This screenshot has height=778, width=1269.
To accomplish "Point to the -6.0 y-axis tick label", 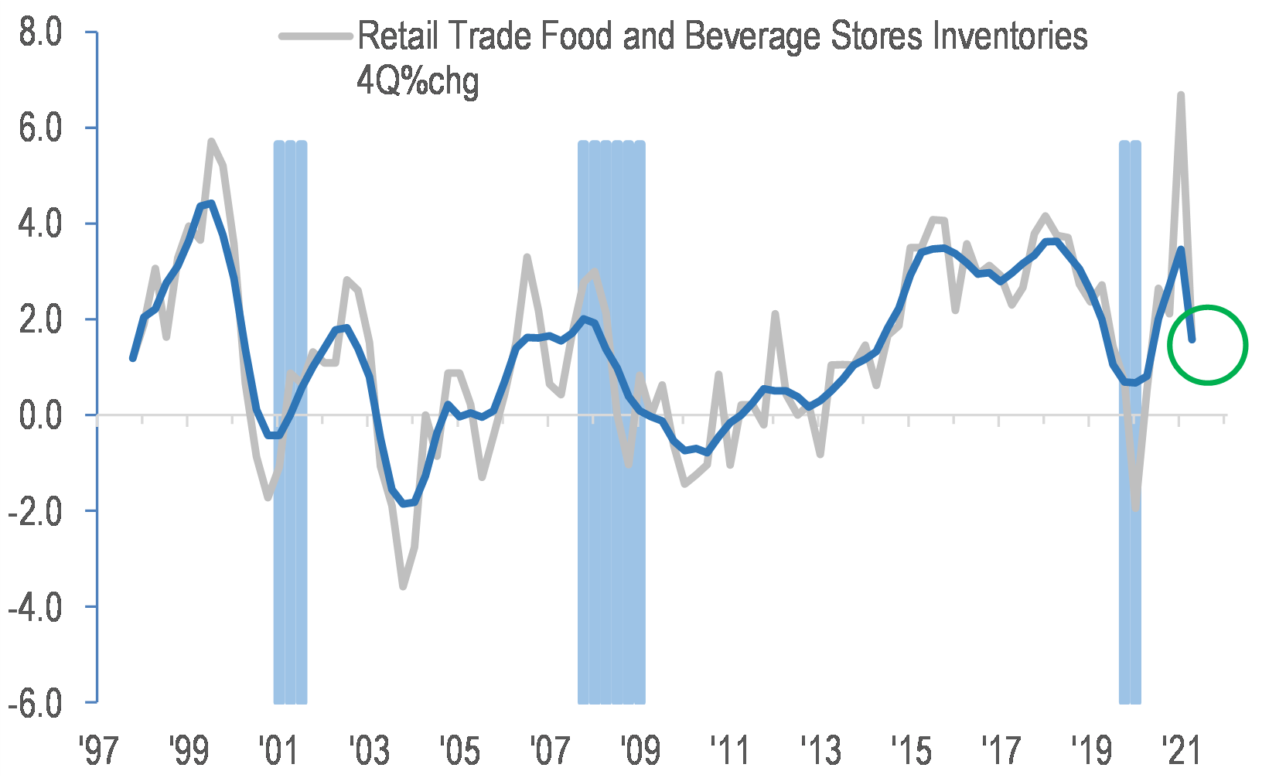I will tap(36, 703).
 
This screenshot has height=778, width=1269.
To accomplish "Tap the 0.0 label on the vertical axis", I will tap(40, 416).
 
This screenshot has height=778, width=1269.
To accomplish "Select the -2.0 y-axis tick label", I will tap(36, 512).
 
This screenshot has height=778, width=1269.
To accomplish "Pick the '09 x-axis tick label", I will tap(640, 751).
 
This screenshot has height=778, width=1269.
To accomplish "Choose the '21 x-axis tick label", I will tap(1181, 751).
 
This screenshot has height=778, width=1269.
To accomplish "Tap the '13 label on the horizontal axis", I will tap(820, 751).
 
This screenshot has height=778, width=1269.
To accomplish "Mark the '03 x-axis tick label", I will tap(369, 751).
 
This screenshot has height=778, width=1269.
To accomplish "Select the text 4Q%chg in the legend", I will tap(418, 80).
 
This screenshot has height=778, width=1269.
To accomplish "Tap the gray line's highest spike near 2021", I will tap(1181, 95).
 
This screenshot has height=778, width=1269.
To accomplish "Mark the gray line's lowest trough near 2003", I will tap(403, 586).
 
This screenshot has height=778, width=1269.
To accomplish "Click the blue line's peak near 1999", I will tap(210, 203).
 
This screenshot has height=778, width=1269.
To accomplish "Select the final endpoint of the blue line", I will tap(1192, 339).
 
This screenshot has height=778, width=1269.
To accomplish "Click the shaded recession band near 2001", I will tap(290, 541).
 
